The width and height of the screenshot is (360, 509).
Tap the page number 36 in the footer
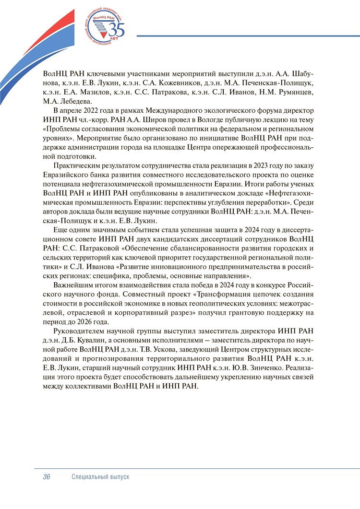click(x=47, y=477)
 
